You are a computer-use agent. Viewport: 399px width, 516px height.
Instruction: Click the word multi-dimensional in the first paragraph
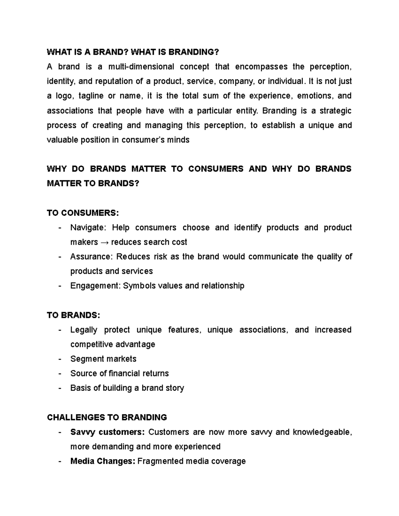tap(141, 67)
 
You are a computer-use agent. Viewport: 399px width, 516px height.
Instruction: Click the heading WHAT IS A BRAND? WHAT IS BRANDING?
tap(133, 52)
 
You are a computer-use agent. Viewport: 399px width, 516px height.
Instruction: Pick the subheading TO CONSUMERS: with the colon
tap(83, 213)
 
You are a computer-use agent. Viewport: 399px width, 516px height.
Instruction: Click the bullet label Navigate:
tap(88, 228)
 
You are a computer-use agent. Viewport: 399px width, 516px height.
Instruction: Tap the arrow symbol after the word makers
tap(104, 242)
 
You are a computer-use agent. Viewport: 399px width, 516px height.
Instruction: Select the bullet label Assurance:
tap(92, 257)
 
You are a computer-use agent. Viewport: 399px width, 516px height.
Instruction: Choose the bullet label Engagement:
tap(95, 286)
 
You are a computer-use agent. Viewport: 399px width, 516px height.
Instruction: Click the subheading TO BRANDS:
tap(73, 315)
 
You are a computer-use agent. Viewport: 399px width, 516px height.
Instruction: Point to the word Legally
tap(84, 330)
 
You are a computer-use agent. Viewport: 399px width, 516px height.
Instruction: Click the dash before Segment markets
tap(60, 359)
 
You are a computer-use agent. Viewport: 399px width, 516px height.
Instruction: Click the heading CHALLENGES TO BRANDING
tap(107, 417)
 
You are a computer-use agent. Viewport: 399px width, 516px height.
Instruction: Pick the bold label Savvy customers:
tap(107, 432)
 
